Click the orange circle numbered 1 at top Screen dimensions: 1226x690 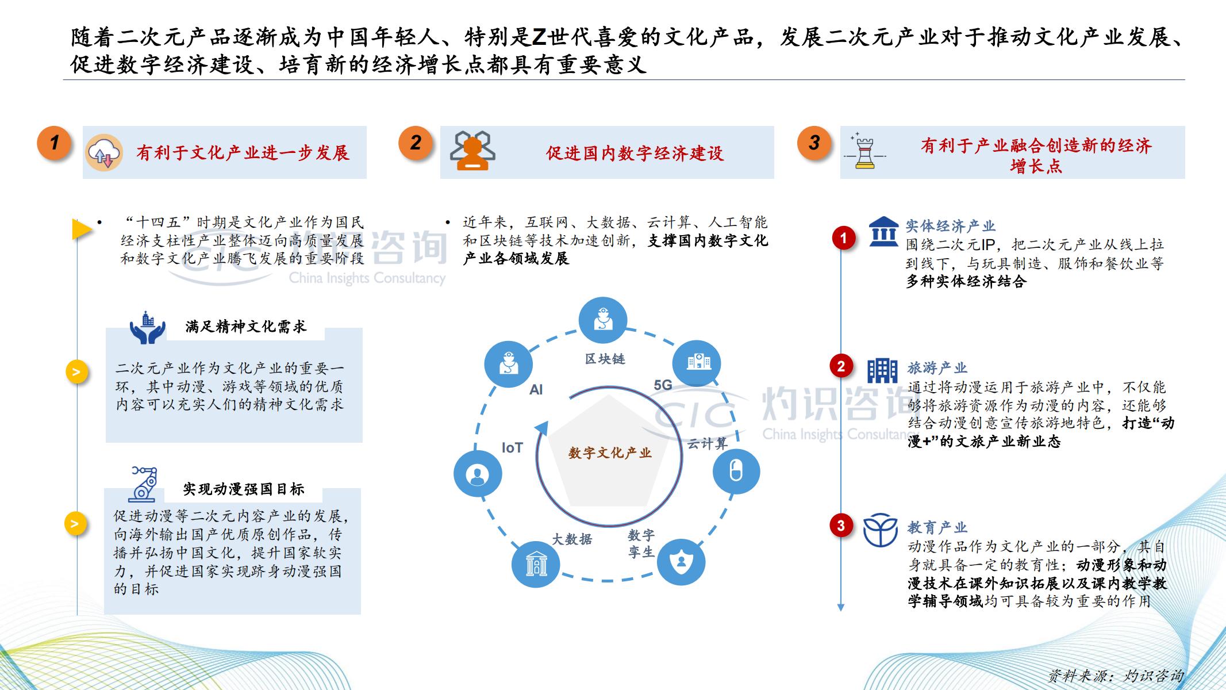[x=54, y=143]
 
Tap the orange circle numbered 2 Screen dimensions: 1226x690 [x=416, y=143]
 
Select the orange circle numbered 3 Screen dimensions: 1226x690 [x=814, y=143]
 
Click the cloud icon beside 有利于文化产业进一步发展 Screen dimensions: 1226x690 [x=104, y=153]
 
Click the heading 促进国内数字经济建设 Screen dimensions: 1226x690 [x=635, y=153]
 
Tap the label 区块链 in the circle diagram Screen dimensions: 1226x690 [x=605, y=359]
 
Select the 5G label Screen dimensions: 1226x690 [x=663, y=385]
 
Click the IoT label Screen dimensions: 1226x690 [x=512, y=447]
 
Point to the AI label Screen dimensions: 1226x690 [x=536, y=390]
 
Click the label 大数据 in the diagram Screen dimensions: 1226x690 [x=572, y=539]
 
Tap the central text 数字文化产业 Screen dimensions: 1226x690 [x=610, y=453]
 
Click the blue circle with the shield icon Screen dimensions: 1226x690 [x=681, y=561]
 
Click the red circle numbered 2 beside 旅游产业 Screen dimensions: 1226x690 [x=841, y=366]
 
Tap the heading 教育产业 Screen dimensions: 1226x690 [x=937, y=527]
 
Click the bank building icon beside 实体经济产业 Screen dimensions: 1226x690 [x=883, y=231]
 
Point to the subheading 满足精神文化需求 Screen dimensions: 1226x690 [x=246, y=327]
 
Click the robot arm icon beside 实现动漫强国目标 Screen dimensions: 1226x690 [x=144, y=484]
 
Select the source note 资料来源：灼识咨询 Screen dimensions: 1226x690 [x=1116, y=676]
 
